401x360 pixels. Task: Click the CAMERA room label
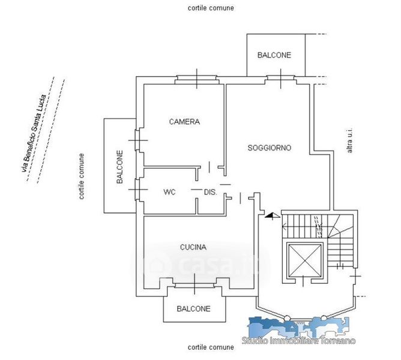184,122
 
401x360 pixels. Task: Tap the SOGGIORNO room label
270,147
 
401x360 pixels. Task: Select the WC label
169,193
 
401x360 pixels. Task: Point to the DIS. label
210,193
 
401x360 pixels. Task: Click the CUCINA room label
193,247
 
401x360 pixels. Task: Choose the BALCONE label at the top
274,55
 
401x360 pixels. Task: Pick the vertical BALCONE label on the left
120,167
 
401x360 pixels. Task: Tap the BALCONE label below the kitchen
193,309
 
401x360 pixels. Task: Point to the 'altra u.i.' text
351,140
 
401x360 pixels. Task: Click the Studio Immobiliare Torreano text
298,341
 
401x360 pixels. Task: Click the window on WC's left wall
137,190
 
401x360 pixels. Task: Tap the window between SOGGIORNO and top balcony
280,77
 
